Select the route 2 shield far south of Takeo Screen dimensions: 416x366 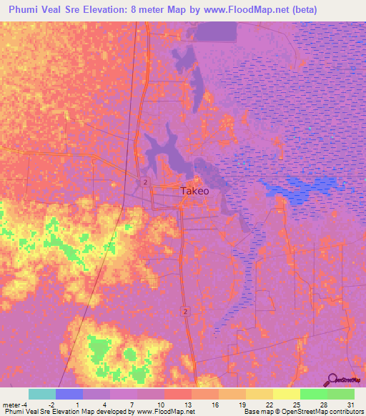pyautogui.click(x=184, y=312)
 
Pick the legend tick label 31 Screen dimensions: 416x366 pyautogui.click(x=351, y=404)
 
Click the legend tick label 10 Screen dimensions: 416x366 pyautogui.click(x=159, y=404)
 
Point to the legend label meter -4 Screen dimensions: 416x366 pyautogui.click(x=16, y=404)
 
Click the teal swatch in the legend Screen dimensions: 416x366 pyautogui.click(x=42, y=394)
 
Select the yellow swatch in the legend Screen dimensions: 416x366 pyautogui.click(x=286, y=394)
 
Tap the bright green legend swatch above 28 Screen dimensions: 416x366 pyautogui.click(x=313, y=394)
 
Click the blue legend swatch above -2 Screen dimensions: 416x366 pyautogui.click(x=69, y=394)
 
